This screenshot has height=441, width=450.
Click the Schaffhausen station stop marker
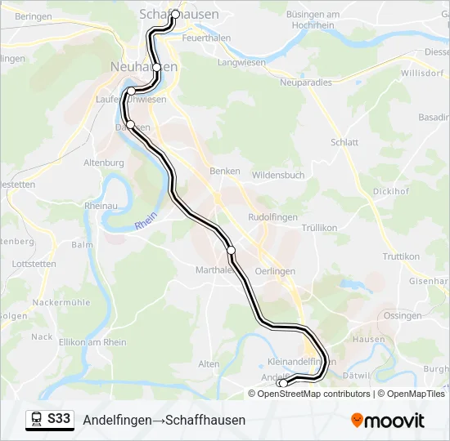pos(175,14)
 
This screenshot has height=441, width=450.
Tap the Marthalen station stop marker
pos(231,250)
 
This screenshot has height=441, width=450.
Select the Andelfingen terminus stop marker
pos(282,383)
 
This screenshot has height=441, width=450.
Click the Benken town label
pos(225,171)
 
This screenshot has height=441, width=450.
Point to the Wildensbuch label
pos(278,176)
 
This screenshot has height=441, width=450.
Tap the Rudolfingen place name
pos(271,217)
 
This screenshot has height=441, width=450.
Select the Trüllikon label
pos(319,229)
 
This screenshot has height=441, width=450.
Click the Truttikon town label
pos(401,256)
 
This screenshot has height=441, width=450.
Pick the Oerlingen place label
pos(275,271)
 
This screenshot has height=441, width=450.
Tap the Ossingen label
pos(402,316)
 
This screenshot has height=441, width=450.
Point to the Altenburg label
pos(104,163)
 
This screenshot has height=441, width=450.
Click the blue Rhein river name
pos(145,221)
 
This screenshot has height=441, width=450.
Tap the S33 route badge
pos(59,420)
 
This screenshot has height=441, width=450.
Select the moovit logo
pos(388,421)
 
